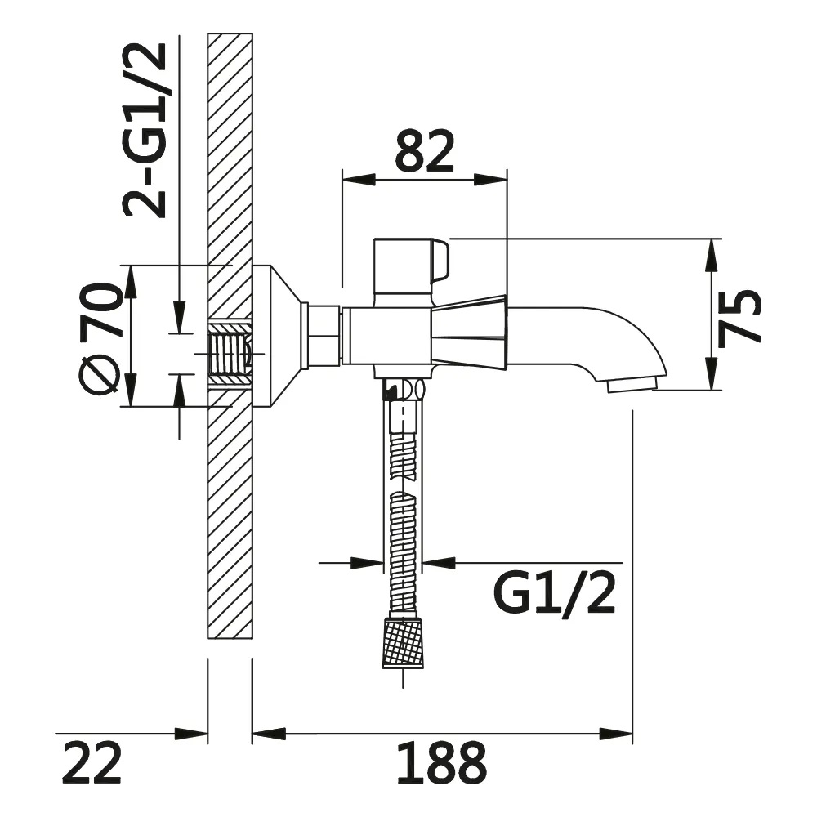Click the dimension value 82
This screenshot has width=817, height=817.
tap(424, 151)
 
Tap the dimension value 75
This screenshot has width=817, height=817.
tap(739, 318)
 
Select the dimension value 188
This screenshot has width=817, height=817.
tap(442, 763)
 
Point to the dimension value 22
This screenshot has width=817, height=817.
tap(92, 763)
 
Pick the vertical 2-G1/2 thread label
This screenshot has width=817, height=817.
tap(145, 130)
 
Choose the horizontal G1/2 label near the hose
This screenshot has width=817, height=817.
tap(555, 593)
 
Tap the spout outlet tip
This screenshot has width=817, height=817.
tap(632, 386)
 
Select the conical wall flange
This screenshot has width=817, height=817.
tap(277, 336)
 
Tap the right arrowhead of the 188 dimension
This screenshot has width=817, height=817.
tap(616, 734)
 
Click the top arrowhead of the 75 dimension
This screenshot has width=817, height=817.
tap(712, 255)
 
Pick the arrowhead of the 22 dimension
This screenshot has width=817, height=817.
tap(191, 734)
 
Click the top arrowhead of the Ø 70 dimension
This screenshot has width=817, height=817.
tap(130, 282)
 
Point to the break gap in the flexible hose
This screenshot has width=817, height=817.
tap(404, 484)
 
